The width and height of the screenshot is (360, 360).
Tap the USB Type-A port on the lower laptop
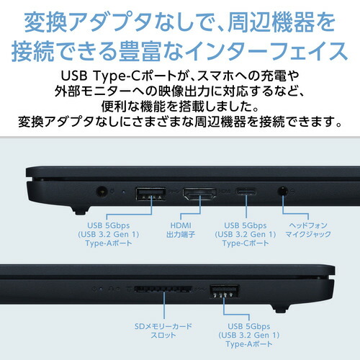coord(223,292)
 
